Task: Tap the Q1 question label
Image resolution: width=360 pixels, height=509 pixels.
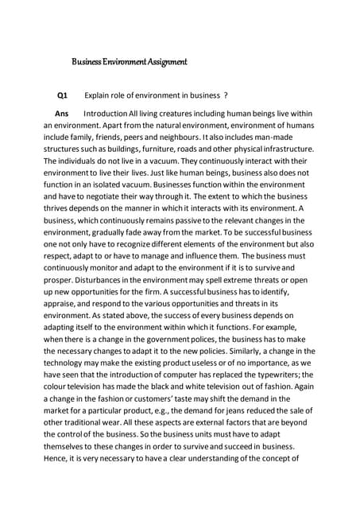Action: click(x=61, y=95)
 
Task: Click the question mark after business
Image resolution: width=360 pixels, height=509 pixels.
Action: click(x=226, y=95)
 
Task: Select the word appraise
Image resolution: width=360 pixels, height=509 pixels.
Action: click(x=62, y=300)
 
